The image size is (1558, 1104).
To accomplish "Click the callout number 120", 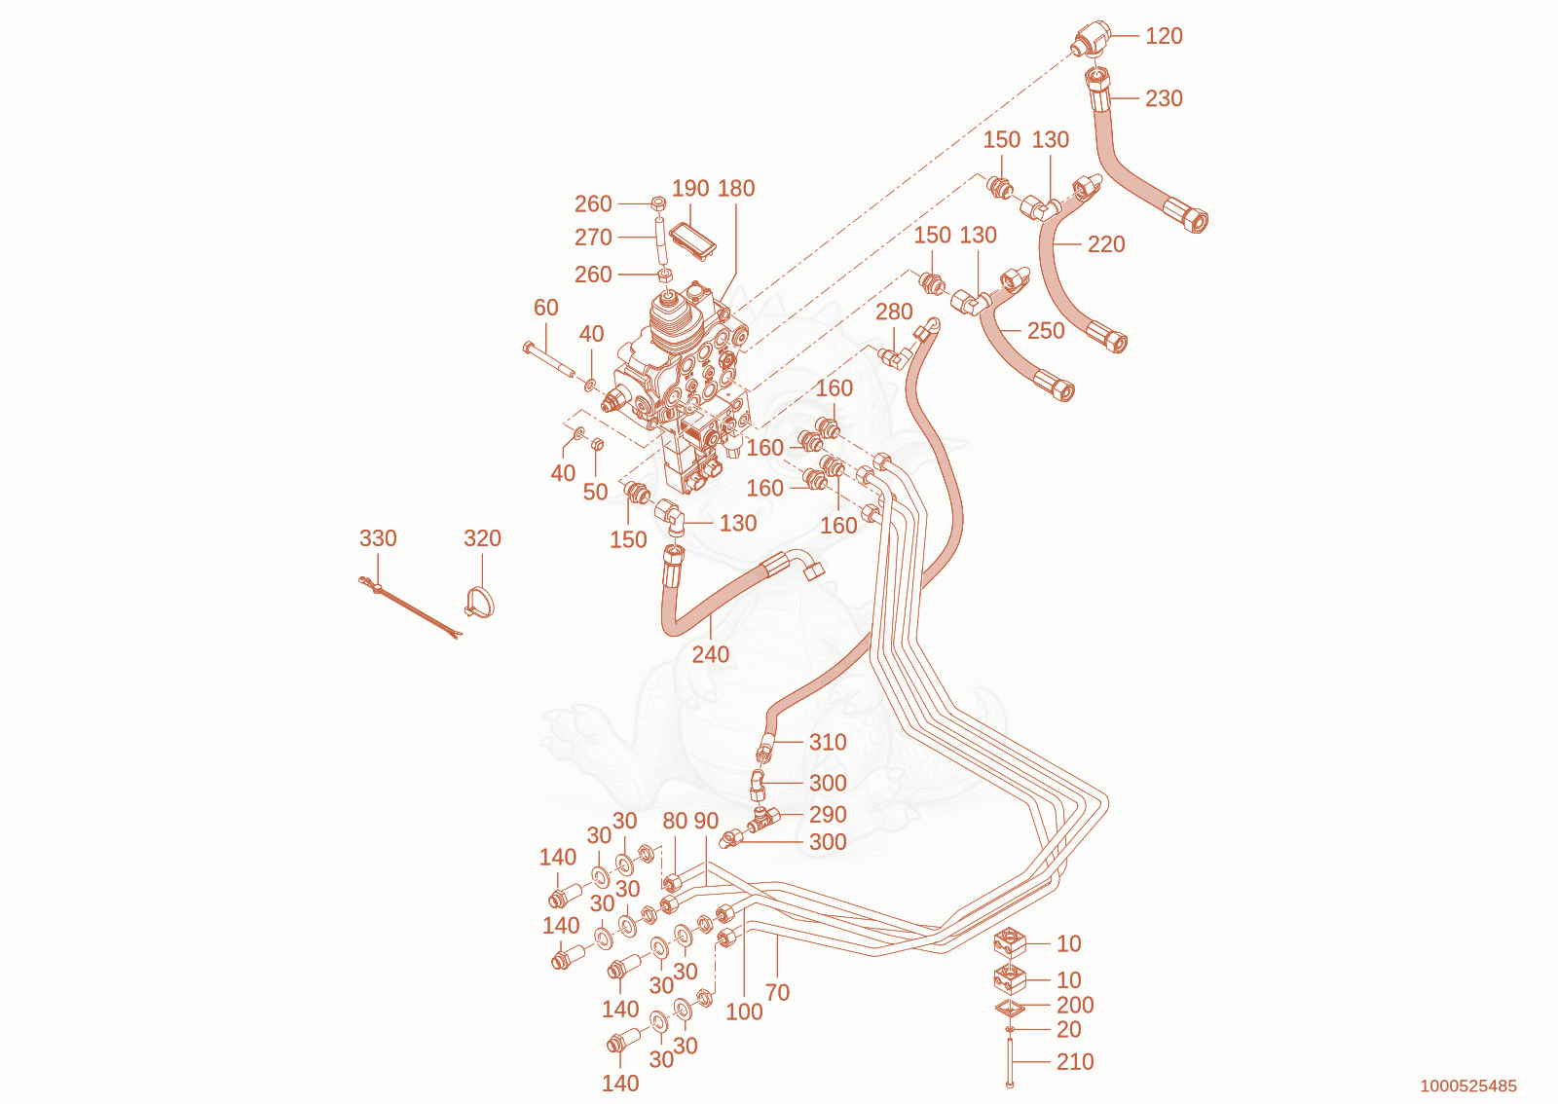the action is click(1164, 36).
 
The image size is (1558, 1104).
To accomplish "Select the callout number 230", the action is click(1164, 98).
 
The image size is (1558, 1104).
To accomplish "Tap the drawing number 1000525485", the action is click(1468, 1086).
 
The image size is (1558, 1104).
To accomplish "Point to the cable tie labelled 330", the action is click(410, 607).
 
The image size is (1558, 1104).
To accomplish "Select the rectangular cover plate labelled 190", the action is click(692, 240).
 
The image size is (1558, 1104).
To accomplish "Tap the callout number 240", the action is click(710, 654).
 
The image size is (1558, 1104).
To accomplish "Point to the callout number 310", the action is click(828, 743).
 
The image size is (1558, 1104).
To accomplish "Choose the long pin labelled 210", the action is click(1010, 1061).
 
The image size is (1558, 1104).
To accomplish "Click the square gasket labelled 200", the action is click(1010, 1007).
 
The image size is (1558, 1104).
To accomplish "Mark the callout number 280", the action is click(894, 313).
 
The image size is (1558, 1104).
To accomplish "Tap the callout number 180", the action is click(736, 189).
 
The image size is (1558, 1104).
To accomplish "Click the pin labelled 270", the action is click(660, 239).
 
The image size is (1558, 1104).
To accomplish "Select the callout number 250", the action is click(1046, 331).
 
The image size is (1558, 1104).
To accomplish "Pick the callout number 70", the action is click(777, 993).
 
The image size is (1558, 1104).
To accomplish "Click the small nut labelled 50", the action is click(596, 444).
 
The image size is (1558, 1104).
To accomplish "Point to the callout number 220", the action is click(1106, 244).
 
